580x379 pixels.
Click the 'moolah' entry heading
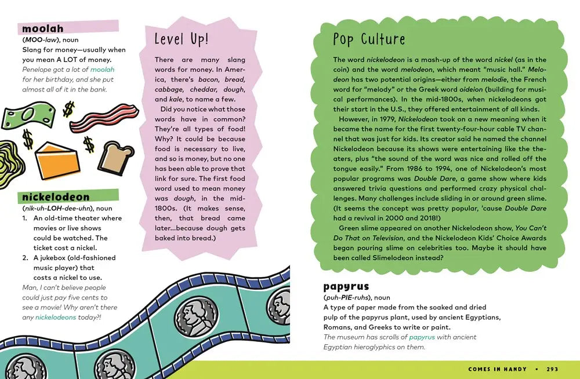click(x=43, y=28)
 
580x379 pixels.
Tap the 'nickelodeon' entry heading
click(x=56, y=196)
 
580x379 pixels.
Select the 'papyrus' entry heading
click(x=346, y=286)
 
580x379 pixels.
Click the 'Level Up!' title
click(x=181, y=39)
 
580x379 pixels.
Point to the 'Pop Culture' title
click(x=369, y=39)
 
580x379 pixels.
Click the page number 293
click(x=553, y=369)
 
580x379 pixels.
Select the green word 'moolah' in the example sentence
click(x=103, y=70)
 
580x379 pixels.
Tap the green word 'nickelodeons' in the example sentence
click(x=56, y=317)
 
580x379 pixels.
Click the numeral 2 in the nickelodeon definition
click(x=26, y=258)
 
